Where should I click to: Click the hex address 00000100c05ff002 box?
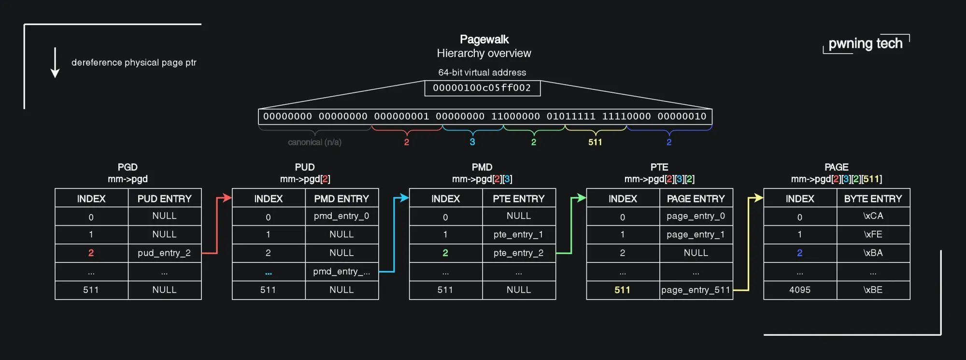[x=482, y=88]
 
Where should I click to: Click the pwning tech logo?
[x=865, y=43]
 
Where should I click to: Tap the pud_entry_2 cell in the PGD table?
[x=164, y=253]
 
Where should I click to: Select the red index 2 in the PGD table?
[x=91, y=253]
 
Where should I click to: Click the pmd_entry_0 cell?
[x=341, y=216]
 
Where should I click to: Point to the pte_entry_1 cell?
[x=518, y=234]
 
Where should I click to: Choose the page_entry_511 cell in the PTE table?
[x=696, y=290]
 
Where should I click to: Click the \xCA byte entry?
[x=873, y=216]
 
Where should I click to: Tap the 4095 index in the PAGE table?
[x=800, y=290]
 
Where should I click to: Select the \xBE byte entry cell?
[x=873, y=290]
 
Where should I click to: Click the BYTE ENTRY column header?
[x=873, y=199]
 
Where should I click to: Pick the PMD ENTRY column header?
[x=341, y=199]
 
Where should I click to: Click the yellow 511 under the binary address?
[x=595, y=142]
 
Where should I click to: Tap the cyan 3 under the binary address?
[x=472, y=142]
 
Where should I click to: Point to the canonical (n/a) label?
[x=314, y=142]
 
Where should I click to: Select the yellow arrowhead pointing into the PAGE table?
[x=759, y=198]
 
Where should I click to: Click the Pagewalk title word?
[x=484, y=39]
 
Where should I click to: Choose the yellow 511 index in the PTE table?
[x=622, y=290]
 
